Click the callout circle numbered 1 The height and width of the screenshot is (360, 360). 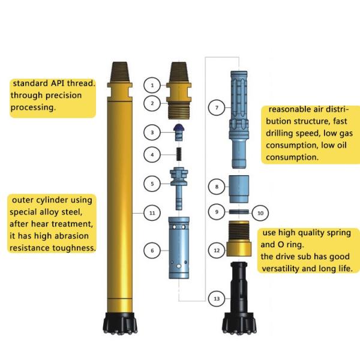point(152,85)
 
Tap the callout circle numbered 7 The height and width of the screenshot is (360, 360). point(216,109)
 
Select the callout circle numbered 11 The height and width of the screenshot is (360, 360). point(152,212)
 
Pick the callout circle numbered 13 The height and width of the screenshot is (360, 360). point(216,298)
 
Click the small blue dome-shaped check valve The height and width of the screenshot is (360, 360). point(178,131)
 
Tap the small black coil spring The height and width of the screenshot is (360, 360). point(178,154)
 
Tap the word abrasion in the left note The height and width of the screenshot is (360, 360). point(73,236)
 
